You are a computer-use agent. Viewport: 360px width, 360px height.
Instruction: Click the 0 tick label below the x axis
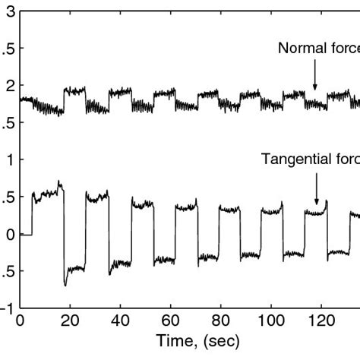tap(21, 321)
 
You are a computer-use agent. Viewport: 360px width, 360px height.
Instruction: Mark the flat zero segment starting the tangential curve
tap(25, 235)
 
